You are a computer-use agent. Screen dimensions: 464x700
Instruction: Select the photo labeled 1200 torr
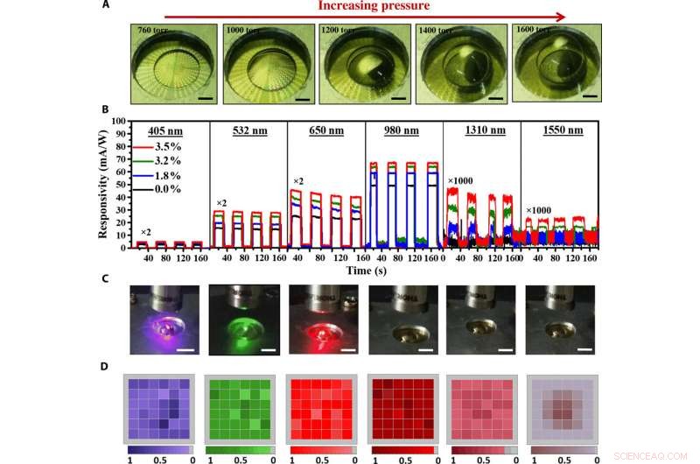tap(361, 63)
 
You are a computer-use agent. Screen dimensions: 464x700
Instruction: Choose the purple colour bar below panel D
tap(159, 448)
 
